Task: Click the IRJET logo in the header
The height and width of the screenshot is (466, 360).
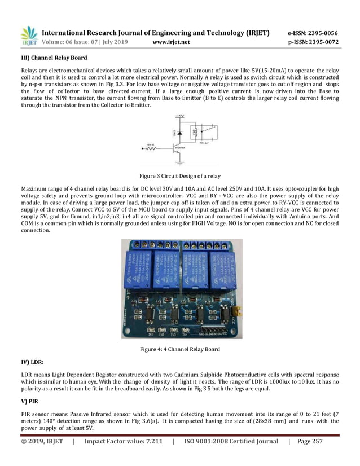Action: point(29,36)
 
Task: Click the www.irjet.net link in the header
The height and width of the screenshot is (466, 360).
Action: point(172,42)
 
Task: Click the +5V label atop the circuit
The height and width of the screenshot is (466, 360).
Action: point(180,117)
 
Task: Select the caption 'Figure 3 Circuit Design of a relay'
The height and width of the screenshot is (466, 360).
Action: point(180,176)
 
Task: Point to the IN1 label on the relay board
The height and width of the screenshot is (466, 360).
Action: point(151,332)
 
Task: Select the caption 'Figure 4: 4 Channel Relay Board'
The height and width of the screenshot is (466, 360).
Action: point(180,349)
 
